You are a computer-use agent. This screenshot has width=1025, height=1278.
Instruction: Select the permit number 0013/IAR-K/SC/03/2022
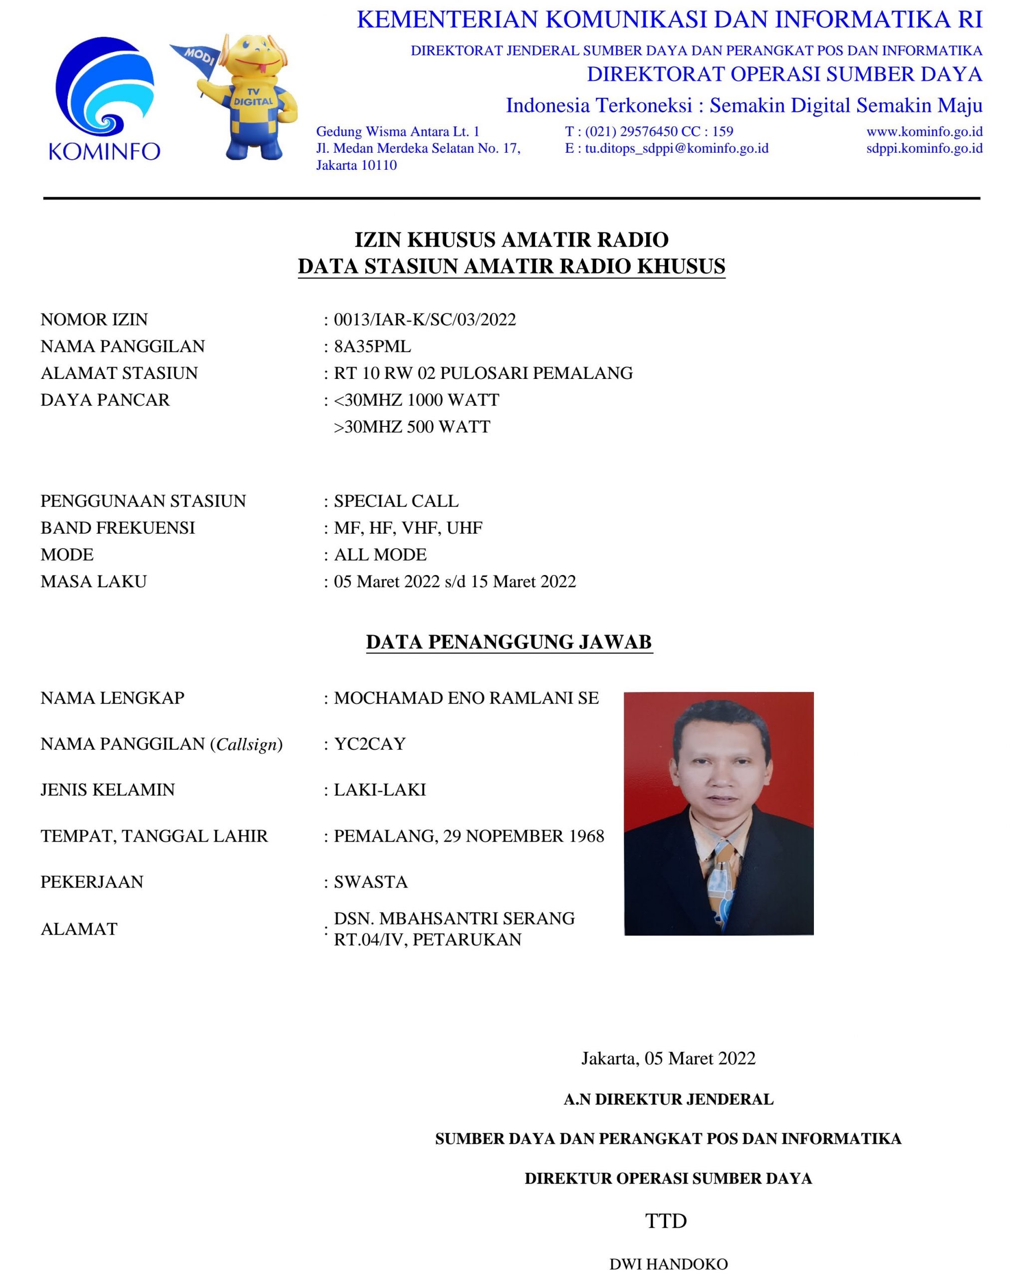(x=425, y=319)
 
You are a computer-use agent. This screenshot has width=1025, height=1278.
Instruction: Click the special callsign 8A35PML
(x=372, y=346)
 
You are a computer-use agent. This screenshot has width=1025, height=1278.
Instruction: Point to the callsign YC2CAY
(x=370, y=744)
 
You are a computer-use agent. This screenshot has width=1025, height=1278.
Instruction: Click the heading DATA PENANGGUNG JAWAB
(x=509, y=642)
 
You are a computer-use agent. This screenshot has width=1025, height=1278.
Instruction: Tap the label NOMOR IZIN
(x=94, y=319)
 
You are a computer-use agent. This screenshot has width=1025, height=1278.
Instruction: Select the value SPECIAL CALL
(x=396, y=501)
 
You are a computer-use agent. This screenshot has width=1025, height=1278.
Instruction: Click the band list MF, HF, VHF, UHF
(x=408, y=528)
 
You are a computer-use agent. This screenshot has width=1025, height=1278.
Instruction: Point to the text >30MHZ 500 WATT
(x=412, y=427)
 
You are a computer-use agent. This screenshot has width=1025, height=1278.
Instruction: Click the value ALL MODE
(x=380, y=555)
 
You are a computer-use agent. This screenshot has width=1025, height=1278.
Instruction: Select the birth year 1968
(x=586, y=836)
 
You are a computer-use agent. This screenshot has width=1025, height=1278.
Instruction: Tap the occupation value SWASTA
(x=371, y=882)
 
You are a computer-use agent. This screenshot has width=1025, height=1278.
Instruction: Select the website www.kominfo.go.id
(x=924, y=132)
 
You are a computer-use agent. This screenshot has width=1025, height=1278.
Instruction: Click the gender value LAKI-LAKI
(x=380, y=790)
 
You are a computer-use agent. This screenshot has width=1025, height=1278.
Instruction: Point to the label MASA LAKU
(x=94, y=582)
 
